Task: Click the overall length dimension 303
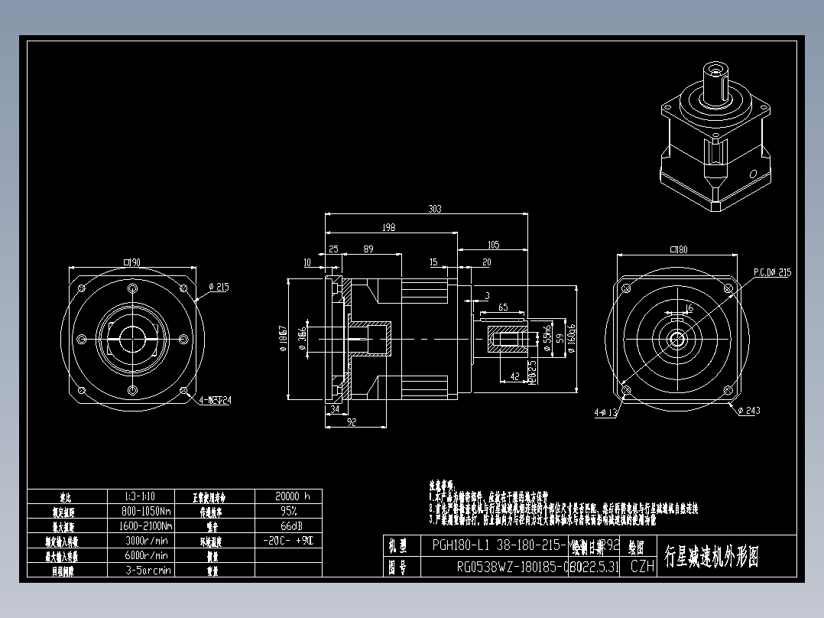(x=435, y=208)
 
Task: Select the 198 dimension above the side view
(x=390, y=227)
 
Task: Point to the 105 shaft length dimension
(x=492, y=245)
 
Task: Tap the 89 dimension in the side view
(x=368, y=249)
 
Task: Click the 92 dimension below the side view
(x=352, y=421)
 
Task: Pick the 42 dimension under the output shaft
(x=514, y=376)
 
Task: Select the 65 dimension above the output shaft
(x=502, y=307)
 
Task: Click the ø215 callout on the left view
(x=219, y=288)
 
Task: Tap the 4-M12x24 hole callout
(x=215, y=399)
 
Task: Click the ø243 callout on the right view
(x=749, y=411)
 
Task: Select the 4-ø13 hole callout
(x=605, y=413)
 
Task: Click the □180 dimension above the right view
(x=677, y=249)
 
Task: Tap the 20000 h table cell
(x=288, y=496)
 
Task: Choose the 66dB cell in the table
(x=288, y=525)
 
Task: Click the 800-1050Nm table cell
(x=148, y=511)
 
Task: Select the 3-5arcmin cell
(x=148, y=570)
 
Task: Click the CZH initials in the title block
(x=642, y=567)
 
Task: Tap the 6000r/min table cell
(x=148, y=555)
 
